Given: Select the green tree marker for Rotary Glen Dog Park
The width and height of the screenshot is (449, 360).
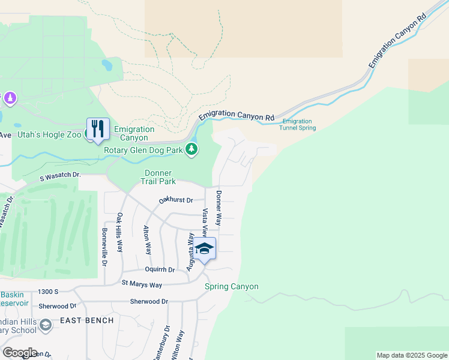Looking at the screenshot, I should click(x=191, y=148).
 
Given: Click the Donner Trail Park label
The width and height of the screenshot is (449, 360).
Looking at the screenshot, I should click(x=158, y=176).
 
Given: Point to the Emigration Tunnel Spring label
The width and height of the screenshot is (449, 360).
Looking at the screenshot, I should click(x=298, y=124).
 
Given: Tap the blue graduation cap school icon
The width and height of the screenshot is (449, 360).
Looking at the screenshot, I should click(x=204, y=249).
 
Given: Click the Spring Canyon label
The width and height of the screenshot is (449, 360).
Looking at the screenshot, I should click(x=232, y=286).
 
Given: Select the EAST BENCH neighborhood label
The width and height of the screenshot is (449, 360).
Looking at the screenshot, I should click(x=86, y=320).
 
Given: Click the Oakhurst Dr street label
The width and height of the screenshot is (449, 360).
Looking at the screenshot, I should click(x=175, y=200).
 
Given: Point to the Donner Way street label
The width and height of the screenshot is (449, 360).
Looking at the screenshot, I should click(x=220, y=208).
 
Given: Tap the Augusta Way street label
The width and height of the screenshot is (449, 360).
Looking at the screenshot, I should click(x=190, y=252).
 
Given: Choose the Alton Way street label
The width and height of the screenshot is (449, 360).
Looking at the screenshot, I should click(x=146, y=240).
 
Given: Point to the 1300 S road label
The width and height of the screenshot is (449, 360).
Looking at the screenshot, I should click(x=48, y=292).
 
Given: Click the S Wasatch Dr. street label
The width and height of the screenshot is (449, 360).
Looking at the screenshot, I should click(x=60, y=175).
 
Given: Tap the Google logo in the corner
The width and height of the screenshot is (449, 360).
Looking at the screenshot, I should click(x=20, y=353).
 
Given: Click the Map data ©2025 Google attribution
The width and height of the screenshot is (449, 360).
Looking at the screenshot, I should click(x=411, y=355).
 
